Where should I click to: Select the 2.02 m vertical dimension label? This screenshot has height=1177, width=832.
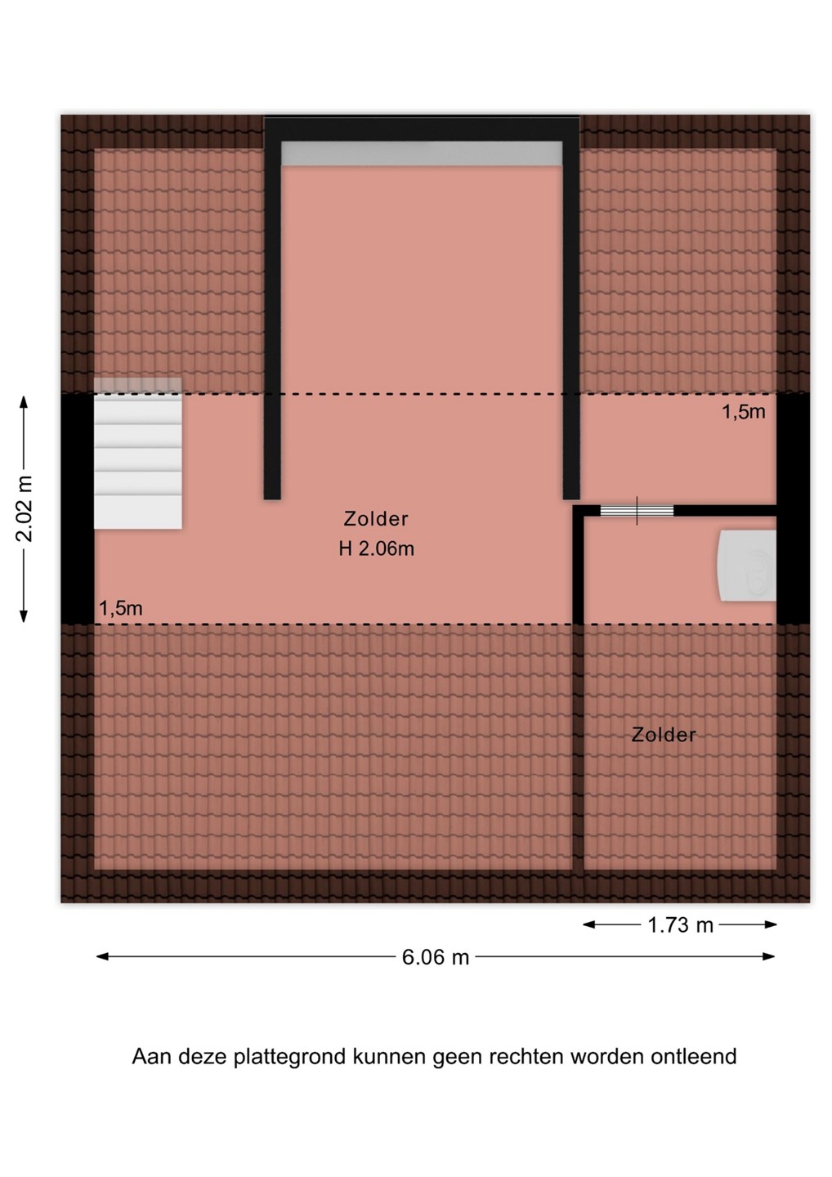[x=25, y=508]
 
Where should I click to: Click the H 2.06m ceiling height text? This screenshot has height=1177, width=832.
[x=376, y=549]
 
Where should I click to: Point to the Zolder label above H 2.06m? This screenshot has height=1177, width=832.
[x=376, y=519]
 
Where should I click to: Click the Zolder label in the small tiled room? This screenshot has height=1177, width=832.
[x=664, y=735]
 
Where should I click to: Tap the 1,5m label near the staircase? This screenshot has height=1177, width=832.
[x=121, y=608]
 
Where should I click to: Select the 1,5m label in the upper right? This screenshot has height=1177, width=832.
[x=743, y=412]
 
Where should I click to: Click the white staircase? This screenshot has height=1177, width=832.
[x=137, y=453]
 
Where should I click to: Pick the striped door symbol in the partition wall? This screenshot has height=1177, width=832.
[x=637, y=511]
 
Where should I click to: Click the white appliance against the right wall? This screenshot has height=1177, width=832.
[x=747, y=566]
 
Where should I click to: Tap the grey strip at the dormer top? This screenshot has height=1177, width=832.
[x=422, y=154]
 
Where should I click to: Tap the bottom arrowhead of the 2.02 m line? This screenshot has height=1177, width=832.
[x=24, y=615]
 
